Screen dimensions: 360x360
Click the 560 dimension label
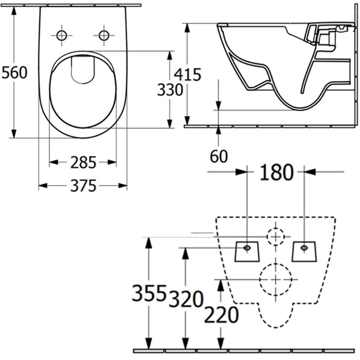[x=14, y=72]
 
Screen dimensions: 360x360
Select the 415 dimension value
[x=188, y=73]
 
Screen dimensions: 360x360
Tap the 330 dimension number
[x=170, y=90]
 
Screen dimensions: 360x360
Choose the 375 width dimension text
[x=83, y=185]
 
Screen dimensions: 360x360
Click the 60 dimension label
[x=219, y=156]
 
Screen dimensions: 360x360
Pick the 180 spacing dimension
[x=276, y=171]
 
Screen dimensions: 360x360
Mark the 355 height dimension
[x=149, y=294]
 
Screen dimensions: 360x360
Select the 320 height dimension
[x=186, y=299]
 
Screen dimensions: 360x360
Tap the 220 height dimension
[x=221, y=315]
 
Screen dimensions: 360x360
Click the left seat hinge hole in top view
[x=62, y=35]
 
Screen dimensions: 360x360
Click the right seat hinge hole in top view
[x=104, y=35]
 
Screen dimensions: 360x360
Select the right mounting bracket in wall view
[x=305, y=251]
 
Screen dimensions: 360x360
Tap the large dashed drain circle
[x=276, y=279]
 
